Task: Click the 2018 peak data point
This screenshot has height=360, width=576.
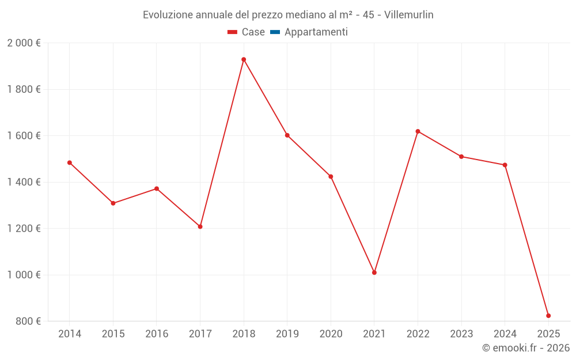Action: pos(244,59)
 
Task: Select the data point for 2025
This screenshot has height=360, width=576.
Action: pos(548,316)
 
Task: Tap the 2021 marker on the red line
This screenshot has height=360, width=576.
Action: pos(374,272)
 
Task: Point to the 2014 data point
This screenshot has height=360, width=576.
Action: pos(70,162)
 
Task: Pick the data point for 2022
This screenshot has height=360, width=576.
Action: pos(418,131)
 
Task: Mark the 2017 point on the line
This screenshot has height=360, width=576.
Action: pos(200,226)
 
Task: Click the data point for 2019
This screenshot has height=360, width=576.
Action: pos(287,135)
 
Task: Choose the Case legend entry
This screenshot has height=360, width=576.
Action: pos(247,32)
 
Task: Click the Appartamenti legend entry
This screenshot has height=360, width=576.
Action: pos(309,32)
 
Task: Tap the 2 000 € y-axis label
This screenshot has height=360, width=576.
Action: pos(24,43)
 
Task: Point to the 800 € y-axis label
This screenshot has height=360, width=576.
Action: pos(28,321)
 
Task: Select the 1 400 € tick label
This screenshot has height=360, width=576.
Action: pos(24,182)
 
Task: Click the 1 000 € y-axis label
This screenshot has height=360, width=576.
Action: pos(24,275)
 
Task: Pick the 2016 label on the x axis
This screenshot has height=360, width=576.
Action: pos(157,334)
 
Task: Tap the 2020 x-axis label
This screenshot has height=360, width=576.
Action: pos(331,334)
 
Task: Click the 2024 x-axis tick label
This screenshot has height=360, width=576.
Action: pos(505,334)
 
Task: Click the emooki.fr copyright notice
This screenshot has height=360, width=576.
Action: pos(525,348)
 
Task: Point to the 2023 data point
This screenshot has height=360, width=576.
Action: pos(461,157)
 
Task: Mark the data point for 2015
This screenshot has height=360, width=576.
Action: pos(113,203)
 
